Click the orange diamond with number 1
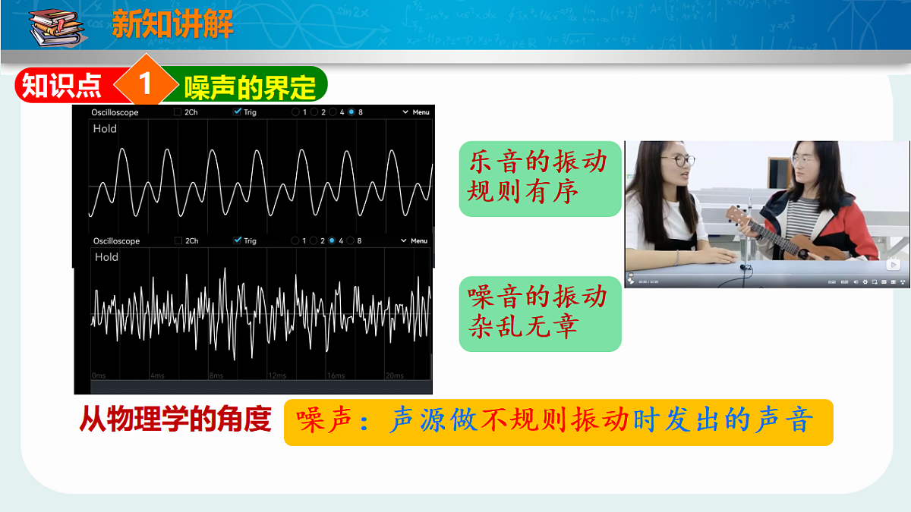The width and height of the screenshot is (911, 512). tap(145, 84)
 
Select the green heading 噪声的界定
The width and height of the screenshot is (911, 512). tap(250, 86)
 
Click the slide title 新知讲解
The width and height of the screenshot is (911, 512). tap(172, 24)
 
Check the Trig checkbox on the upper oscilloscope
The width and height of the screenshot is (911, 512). tap(238, 112)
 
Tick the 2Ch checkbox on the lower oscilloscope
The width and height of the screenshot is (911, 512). tap(178, 240)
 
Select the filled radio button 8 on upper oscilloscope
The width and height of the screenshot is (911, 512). tap(351, 112)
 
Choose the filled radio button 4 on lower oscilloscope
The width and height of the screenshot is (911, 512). tap(332, 240)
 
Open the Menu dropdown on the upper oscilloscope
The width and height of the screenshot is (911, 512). tap(416, 112)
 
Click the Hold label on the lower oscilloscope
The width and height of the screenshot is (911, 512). tap(106, 257)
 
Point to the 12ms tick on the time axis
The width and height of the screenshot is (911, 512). tap(276, 375)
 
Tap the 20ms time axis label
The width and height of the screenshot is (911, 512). tap(394, 375)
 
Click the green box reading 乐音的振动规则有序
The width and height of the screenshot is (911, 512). tap(540, 177)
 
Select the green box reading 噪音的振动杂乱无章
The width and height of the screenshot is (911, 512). tap(540, 313)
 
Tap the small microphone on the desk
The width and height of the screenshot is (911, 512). tap(745, 267)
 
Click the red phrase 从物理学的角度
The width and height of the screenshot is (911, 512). tap(175, 420)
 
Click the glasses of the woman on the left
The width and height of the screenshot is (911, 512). tap(679, 161)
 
